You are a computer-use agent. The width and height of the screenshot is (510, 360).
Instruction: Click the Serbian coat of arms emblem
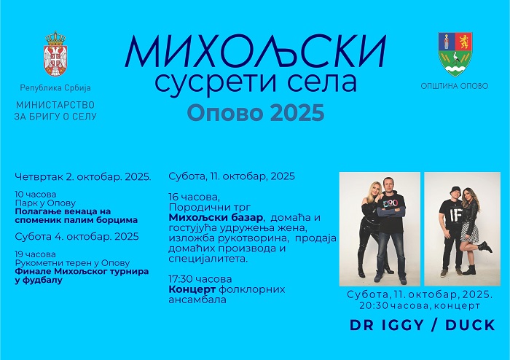pos(55,54)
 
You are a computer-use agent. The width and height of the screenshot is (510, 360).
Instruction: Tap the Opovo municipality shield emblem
pos(455,54)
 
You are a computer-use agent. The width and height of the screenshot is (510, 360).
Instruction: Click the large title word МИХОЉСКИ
pos(255,52)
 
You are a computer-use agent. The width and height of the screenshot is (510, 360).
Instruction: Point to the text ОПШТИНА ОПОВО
pos(455,86)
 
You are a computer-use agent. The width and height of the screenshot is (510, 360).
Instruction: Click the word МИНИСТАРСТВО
pos(55,105)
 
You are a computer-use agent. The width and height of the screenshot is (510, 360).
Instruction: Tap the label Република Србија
pos(55,87)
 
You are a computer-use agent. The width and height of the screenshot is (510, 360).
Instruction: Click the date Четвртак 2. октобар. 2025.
pos(83,176)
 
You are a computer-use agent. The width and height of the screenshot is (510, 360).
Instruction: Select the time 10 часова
pos(36,195)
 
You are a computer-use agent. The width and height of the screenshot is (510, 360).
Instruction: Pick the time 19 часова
pos(35,254)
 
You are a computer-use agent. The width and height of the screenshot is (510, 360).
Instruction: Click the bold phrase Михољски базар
pos(216,217)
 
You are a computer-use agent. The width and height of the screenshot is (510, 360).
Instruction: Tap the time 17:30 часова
pos(200,279)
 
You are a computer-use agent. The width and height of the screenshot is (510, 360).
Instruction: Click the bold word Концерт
pos(192,289)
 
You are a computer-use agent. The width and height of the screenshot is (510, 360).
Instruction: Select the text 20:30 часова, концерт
pos(420,305)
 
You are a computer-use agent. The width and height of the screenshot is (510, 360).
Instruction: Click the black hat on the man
pos(454,190)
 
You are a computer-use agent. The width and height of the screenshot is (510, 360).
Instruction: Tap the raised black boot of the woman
pos(485,247)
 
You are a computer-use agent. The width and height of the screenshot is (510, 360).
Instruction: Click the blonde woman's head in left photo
pos(373,190)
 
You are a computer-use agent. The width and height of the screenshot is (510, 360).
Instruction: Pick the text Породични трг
pos(210,207)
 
